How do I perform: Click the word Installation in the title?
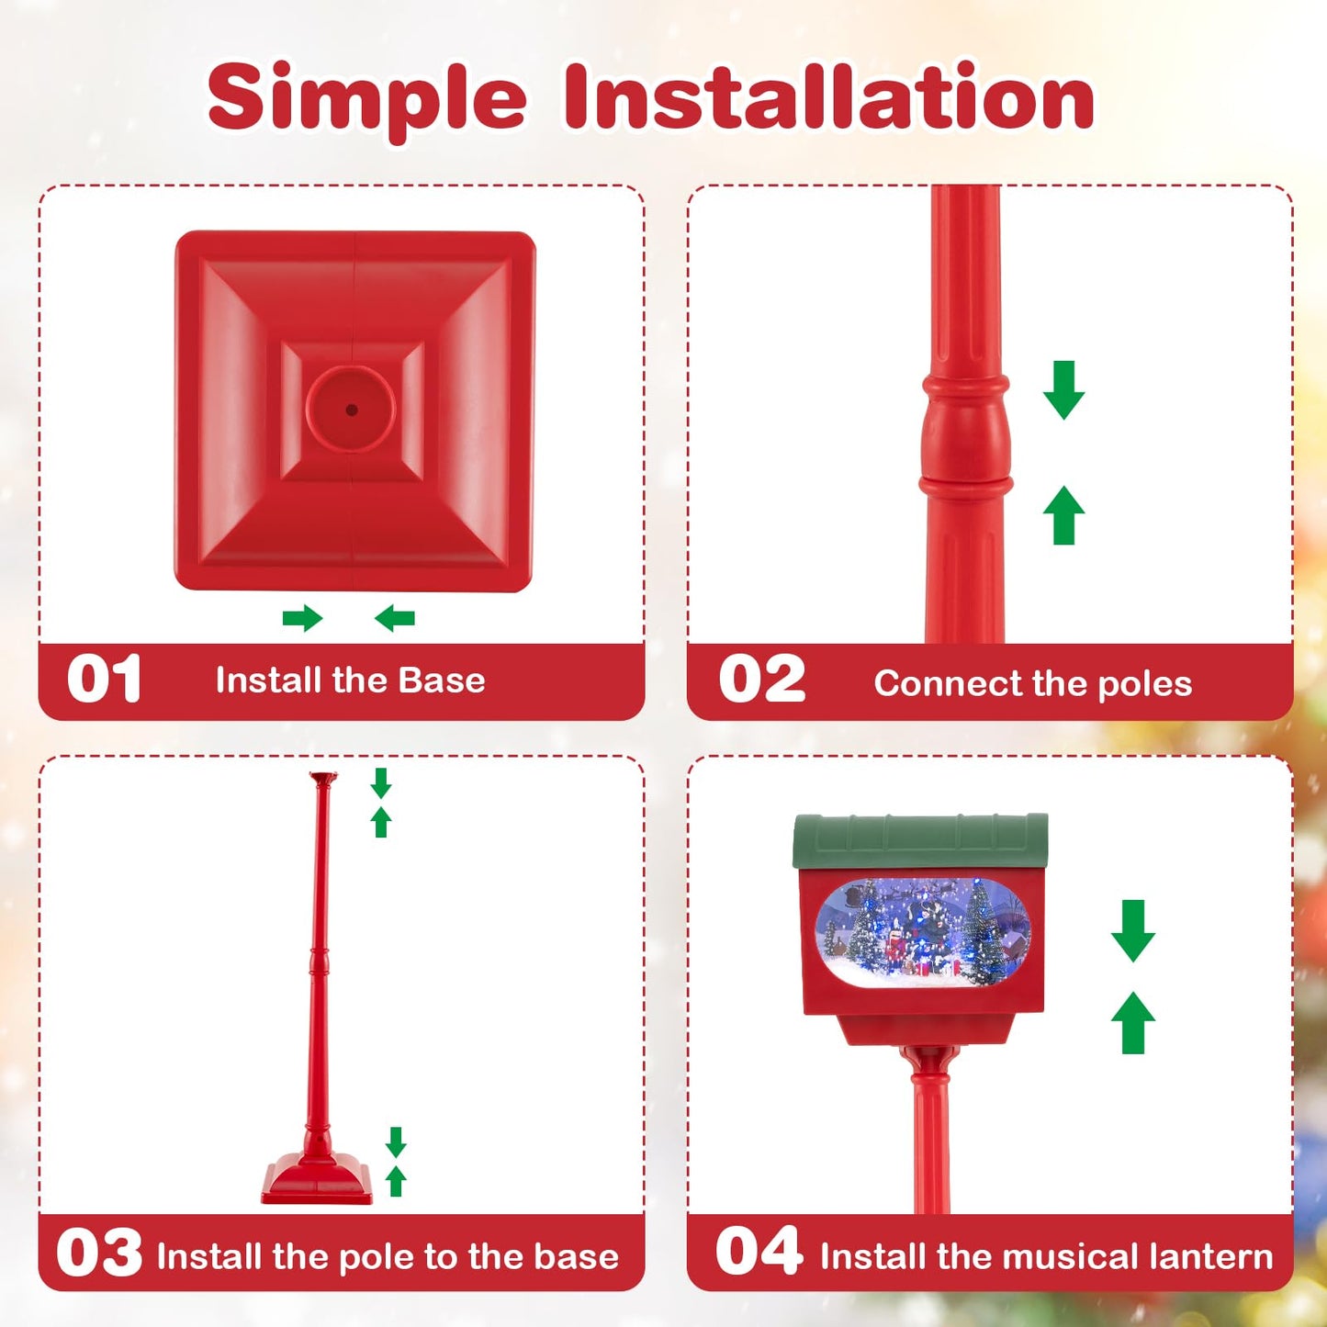(x=828, y=97)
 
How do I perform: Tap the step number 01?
(x=104, y=680)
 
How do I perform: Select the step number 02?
(x=761, y=680)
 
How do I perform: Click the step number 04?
(x=759, y=1252)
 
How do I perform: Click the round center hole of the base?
(x=351, y=410)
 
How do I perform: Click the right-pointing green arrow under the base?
(x=302, y=618)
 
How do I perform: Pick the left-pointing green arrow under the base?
(x=395, y=618)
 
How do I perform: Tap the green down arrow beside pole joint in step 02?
(x=1063, y=390)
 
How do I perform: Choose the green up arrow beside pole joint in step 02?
(x=1063, y=515)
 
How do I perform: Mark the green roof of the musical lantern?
(x=920, y=839)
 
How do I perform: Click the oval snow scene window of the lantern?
(x=922, y=931)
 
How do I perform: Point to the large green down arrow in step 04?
(x=1132, y=930)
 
